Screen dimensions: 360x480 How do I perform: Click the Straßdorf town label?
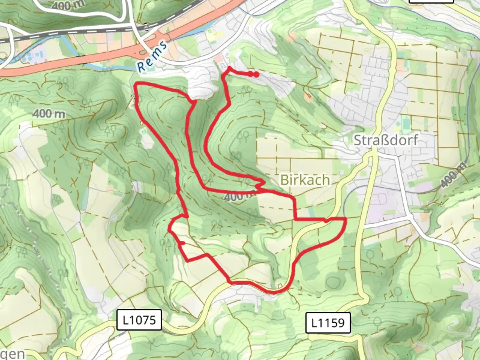[x=385, y=140]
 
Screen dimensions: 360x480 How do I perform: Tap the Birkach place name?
[x=305, y=180]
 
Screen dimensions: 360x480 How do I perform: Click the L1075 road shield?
[x=139, y=320]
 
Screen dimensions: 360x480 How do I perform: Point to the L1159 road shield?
[x=328, y=323]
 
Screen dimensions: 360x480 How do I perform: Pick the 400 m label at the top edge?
[x=68, y=5]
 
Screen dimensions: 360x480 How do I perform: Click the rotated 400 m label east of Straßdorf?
[x=453, y=174]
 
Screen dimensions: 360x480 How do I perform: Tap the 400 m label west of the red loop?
[x=49, y=114]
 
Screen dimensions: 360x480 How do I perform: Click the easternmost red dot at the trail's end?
[x=256, y=75]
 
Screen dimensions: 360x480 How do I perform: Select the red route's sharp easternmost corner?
[x=346, y=219]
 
